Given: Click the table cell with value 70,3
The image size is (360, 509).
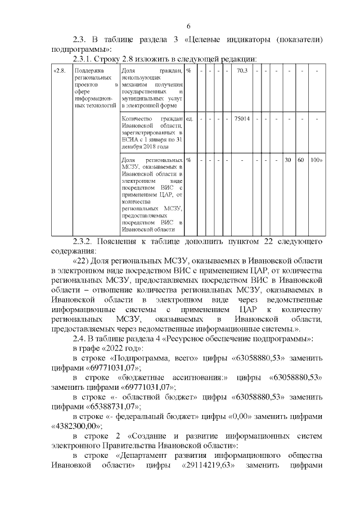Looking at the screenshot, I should [242, 71].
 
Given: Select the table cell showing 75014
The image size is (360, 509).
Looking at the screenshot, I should [242, 119].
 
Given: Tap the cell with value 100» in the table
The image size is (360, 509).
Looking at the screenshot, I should [316, 160].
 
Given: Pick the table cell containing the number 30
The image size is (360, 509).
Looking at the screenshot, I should [287, 160].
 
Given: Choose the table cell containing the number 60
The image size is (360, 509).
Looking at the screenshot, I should [301, 160].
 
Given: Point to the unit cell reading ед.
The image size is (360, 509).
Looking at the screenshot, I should [190, 119].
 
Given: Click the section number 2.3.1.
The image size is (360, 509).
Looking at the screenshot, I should [84, 58].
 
